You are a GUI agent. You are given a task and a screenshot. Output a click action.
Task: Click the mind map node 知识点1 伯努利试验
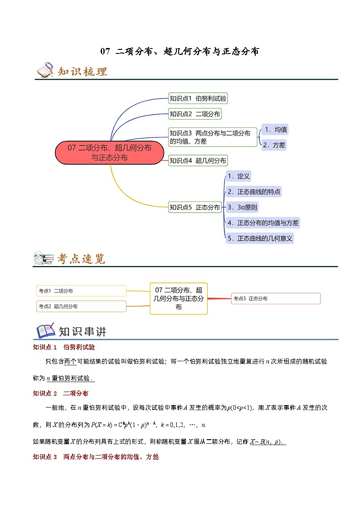pos(198,98)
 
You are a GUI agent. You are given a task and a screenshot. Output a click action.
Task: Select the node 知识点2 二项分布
pos(195,114)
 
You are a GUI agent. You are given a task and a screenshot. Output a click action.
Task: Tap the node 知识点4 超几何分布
pos(198,160)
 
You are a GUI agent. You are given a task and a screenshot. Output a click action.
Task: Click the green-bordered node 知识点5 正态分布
pos(195,207)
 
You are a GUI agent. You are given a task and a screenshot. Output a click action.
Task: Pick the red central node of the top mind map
pos(109,152)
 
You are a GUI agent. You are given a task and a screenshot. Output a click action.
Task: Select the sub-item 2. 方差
pos(274,145)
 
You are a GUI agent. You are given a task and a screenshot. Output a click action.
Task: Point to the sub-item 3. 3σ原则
pos(242,208)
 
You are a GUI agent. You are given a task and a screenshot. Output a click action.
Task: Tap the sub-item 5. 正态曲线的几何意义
pos(260,238)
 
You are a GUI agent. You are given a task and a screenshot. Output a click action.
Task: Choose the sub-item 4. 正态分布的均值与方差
pos(263,223)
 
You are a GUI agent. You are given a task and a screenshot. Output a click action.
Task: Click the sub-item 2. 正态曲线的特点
pos(254,192)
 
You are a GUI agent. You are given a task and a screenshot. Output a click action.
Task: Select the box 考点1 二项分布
pos(81,291)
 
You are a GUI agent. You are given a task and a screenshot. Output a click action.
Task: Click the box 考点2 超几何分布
pos(81,306)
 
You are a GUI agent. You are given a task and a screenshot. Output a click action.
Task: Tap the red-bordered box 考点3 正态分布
pos(276,298)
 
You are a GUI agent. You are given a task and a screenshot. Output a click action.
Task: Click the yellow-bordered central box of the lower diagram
pos(179,298)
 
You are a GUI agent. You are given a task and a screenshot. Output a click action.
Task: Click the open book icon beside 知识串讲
pos(46,331)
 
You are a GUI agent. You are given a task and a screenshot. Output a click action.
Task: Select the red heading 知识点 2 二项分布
pos(61,393)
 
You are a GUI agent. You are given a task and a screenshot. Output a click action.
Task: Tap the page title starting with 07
pos(180,51)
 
